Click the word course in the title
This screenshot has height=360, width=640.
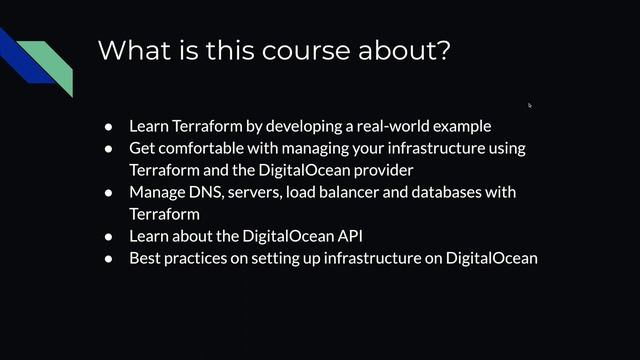[x=296, y=50]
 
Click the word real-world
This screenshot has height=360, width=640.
[x=386, y=126]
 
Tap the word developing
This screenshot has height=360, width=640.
[x=296, y=126]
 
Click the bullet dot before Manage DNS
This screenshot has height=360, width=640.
[x=110, y=192]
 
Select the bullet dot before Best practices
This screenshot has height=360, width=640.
[x=110, y=258]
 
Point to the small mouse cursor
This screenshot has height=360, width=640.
[x=530, y=104]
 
